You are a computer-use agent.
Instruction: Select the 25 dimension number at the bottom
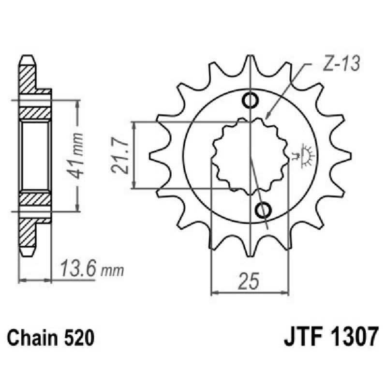250,280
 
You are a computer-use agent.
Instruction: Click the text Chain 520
50,337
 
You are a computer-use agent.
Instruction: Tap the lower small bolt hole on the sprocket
264,210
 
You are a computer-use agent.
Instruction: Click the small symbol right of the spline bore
304,155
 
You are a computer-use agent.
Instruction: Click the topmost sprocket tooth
251,63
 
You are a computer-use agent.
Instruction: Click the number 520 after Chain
77,337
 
